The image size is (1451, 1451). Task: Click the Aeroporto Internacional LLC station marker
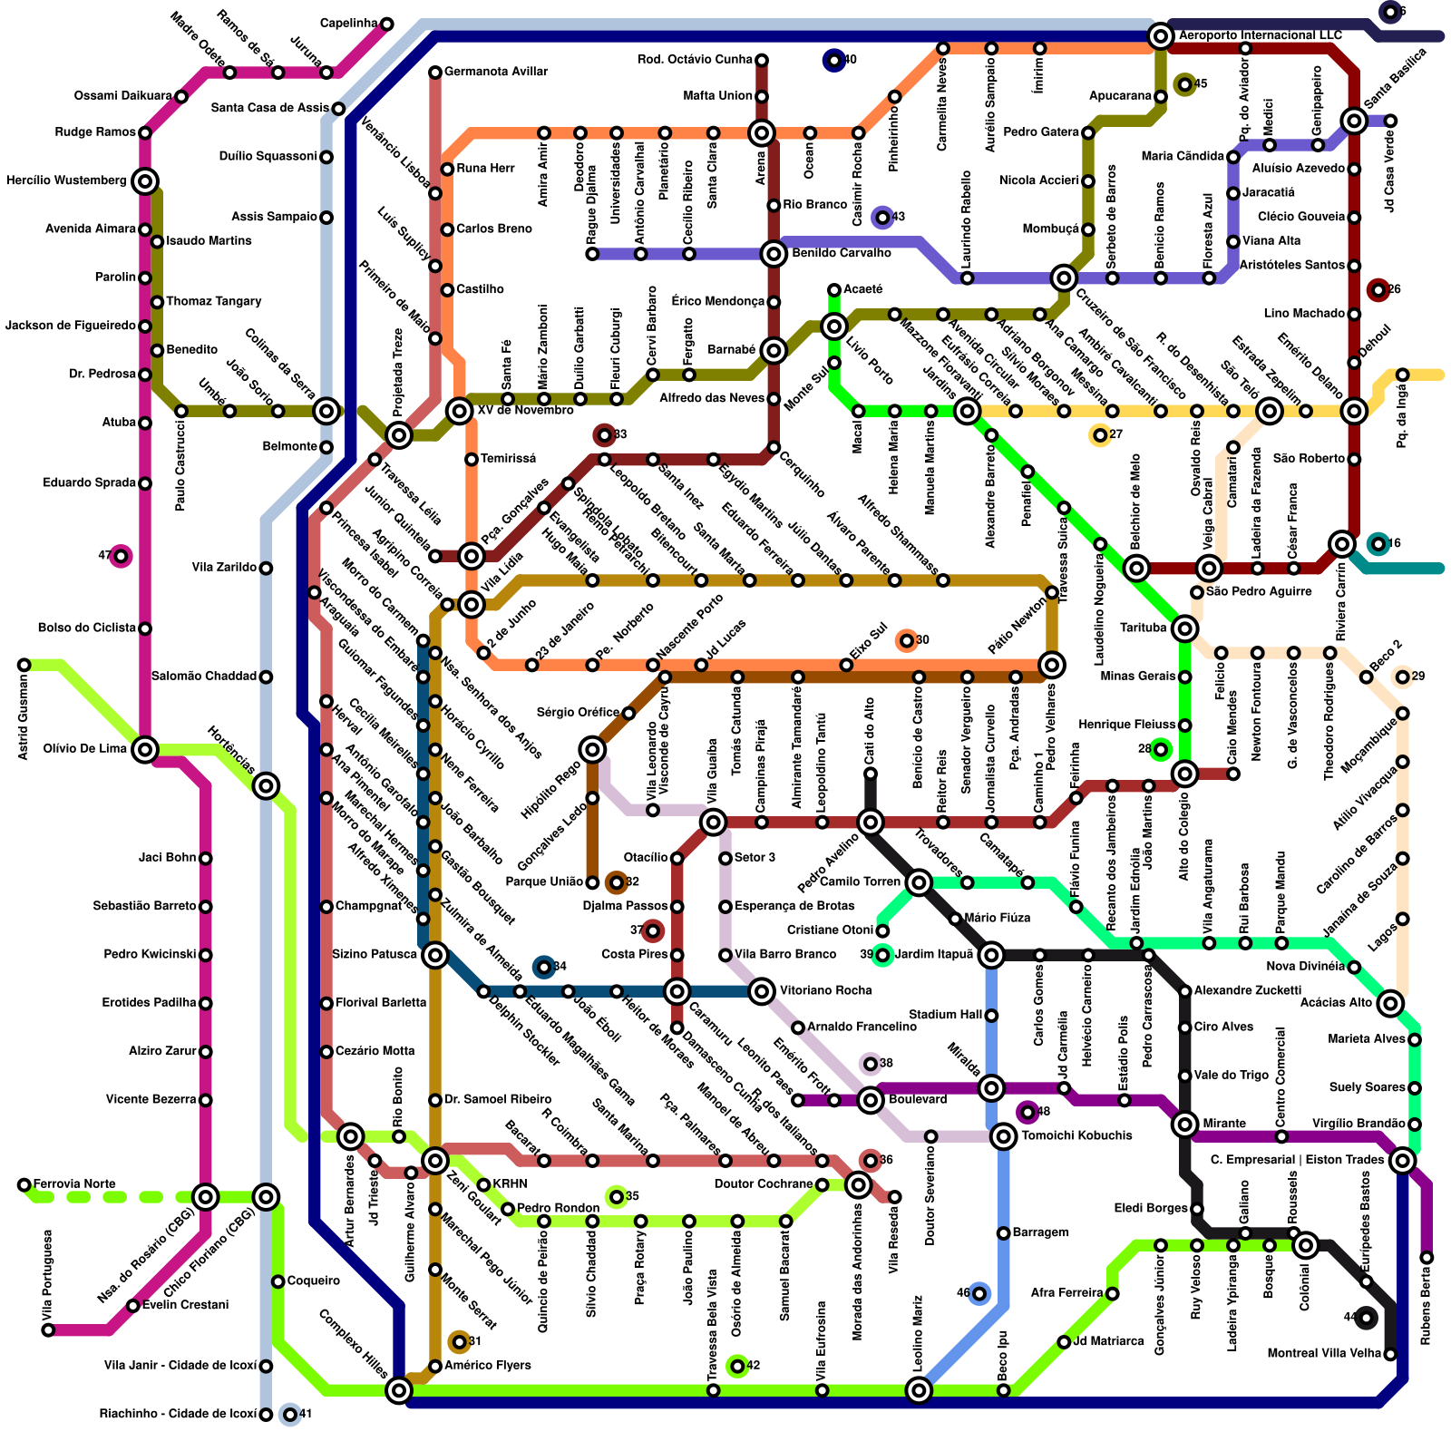tap(1160, 36)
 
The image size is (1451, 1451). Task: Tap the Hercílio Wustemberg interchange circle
tap(145, 181)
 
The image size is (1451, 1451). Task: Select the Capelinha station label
tap(348, 24)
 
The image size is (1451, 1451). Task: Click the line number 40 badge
tap(833, 61)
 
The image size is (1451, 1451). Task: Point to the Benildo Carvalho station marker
tap(774, 254)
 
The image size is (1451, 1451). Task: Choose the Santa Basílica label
tap(1397, 76)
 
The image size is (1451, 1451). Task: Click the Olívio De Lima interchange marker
tap(145, 750)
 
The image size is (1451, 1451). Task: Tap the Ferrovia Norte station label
tap(74, 1184)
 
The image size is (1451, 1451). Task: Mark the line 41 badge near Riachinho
tap(289, 1415)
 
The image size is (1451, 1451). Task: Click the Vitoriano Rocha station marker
tap(762, 991)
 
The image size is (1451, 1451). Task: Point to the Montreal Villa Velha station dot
tap(1390, 1355)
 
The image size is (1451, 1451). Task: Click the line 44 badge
tap(1366, 1318)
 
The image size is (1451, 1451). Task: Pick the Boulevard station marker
tap(871, 1100)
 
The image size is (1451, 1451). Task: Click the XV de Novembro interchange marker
tap(460, 411)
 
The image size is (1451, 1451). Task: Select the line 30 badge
tap(906, 641)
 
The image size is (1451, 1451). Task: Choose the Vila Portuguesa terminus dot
tap(48, 1330)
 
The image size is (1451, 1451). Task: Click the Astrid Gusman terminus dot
tap(24, 666)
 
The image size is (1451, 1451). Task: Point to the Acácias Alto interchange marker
tap(1390, 1004)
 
